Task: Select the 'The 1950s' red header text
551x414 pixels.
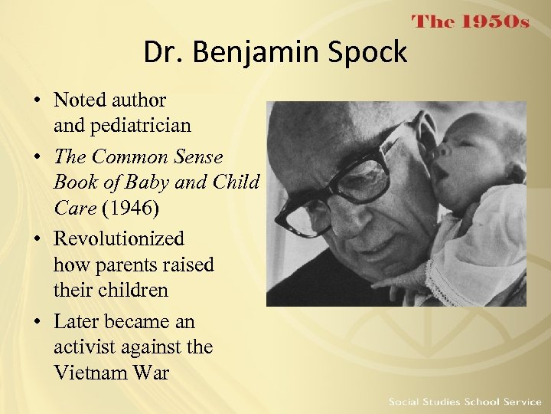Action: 471,22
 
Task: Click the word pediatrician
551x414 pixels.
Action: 122,125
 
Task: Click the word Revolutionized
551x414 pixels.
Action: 119,239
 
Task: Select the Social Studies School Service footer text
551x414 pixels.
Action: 465,402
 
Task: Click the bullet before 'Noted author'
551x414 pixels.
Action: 37,100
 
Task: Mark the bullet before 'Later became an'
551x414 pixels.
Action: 37,323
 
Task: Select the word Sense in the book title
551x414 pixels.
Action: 197,157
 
